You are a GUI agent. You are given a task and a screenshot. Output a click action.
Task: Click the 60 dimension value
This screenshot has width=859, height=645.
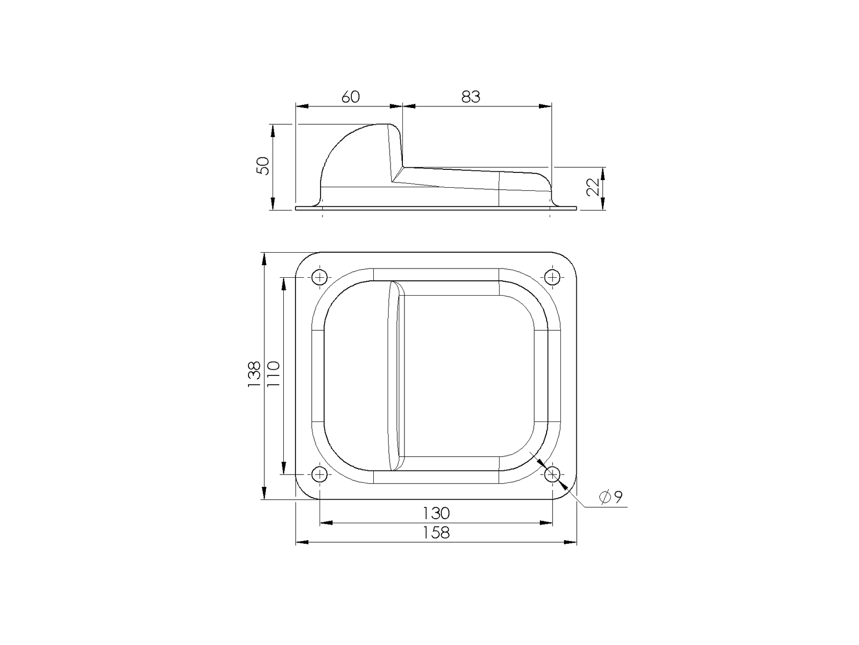pos(350,97)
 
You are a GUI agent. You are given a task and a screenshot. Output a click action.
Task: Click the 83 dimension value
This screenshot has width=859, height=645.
pos(471,97)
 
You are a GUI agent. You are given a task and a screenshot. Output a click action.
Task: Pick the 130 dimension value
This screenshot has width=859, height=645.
pos(436,513)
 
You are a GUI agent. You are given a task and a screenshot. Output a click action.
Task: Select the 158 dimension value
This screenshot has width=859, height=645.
pos(436,532)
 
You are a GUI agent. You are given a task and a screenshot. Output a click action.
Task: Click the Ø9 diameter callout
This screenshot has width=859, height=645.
pos(612,497)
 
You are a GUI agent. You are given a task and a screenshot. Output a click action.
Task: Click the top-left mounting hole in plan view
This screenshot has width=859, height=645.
pos(320,277)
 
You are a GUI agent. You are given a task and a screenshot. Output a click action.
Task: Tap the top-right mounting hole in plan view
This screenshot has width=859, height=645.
pos(552,277)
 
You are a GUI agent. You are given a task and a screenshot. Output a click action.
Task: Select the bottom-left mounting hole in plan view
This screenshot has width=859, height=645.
pos(320,475)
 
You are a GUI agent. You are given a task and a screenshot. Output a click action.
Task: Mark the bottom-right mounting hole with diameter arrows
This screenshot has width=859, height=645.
pos(552,475)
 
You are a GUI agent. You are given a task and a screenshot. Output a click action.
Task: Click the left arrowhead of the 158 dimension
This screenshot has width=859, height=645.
pos(302,542)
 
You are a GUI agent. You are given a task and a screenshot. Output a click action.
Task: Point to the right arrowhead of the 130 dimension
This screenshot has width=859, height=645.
pos(547,523)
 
